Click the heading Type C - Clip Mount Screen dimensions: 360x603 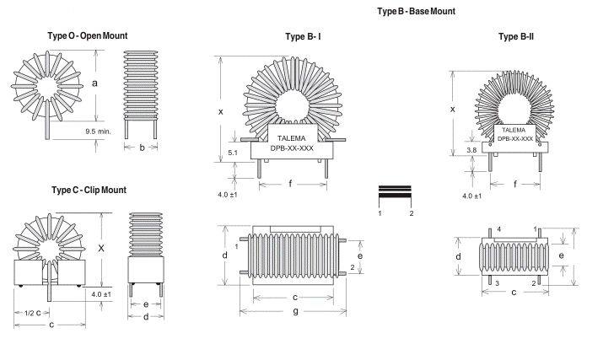tap(89, 191)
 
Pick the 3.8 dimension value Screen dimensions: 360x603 tap(471, 148)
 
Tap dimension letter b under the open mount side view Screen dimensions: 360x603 tap(143, 148)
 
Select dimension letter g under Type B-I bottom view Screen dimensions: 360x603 tap(293, 312)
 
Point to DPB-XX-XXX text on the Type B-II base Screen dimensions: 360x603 tap(514, 138)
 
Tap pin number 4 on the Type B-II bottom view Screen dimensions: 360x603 tap(498, 228)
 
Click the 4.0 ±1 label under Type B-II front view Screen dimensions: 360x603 tap(473, 196)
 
